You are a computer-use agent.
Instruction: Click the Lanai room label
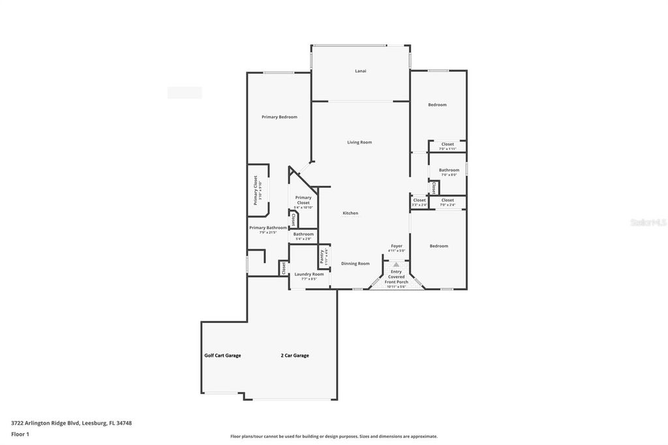click(360, 70)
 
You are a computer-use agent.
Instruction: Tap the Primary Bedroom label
click(279, 117)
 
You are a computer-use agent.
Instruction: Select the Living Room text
click(359, 142)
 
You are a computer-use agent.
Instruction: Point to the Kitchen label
click(350, 213)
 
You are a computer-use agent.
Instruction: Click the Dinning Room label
click(356, 264)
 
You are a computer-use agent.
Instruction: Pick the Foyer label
click(397, 246)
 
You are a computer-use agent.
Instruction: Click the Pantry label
click(323, 255)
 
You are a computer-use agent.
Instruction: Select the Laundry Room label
click(309, 274)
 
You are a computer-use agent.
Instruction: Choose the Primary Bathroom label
click(267, 228)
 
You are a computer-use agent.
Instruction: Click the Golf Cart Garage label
click(222, 356)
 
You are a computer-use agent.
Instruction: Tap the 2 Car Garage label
click(295, 356)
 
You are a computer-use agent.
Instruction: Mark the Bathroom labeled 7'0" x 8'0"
click(449, 170)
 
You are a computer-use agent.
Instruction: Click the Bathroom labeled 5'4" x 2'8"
click(303, 234)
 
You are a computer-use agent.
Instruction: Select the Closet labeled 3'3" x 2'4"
click(419, 200)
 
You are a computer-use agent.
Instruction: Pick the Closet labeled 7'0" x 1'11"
click(448, 145)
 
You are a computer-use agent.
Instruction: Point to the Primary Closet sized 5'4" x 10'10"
click(303, 200)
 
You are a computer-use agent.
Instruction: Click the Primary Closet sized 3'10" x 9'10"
click(257, 190)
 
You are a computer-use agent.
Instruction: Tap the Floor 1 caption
click(20, 434)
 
